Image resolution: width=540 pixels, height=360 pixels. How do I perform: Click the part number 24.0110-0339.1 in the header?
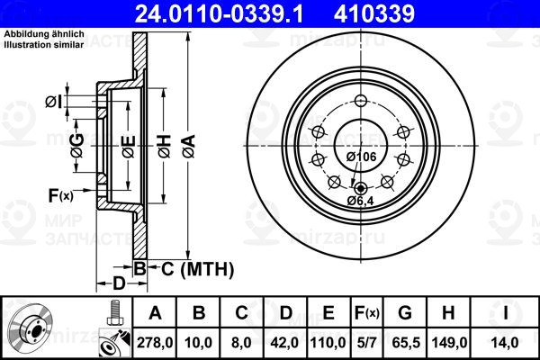click(x=220, y=14)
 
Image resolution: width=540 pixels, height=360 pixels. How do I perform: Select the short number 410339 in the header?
click(x=374, y=14)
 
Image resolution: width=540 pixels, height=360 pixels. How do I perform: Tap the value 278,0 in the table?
click(x=155, y=343)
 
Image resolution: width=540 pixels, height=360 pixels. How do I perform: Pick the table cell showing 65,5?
click(x=406, y=343)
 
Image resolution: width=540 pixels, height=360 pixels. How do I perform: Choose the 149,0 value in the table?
click(x=449, y=343)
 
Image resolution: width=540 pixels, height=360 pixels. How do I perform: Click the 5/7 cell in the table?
click(x=365, y=343)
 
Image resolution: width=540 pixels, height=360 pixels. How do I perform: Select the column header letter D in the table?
click(x=286, y=313)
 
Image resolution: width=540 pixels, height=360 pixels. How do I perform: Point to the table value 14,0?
click(x=505, y=343)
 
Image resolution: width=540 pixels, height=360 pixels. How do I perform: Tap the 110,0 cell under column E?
click(x=328, y=343)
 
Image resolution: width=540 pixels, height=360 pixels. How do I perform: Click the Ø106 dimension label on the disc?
click(x=361, y=157)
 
